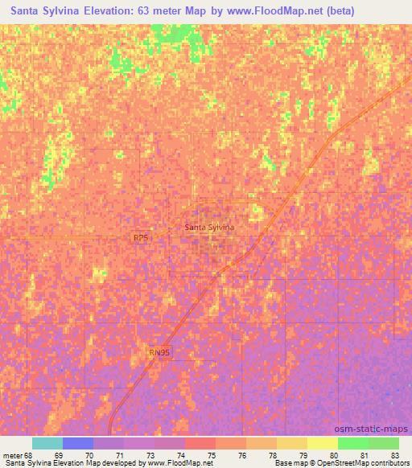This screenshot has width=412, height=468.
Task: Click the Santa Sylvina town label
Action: point(209,228)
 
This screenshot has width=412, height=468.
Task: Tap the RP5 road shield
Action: point(141,238)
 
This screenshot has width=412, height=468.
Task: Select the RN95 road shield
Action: point(160,351)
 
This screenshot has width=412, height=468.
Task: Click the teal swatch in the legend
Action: point(47,443)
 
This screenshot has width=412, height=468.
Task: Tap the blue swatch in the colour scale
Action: point(78,443)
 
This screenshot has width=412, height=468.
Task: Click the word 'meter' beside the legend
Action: point(13,454)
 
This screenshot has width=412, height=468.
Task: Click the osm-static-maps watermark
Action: point(379,428)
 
